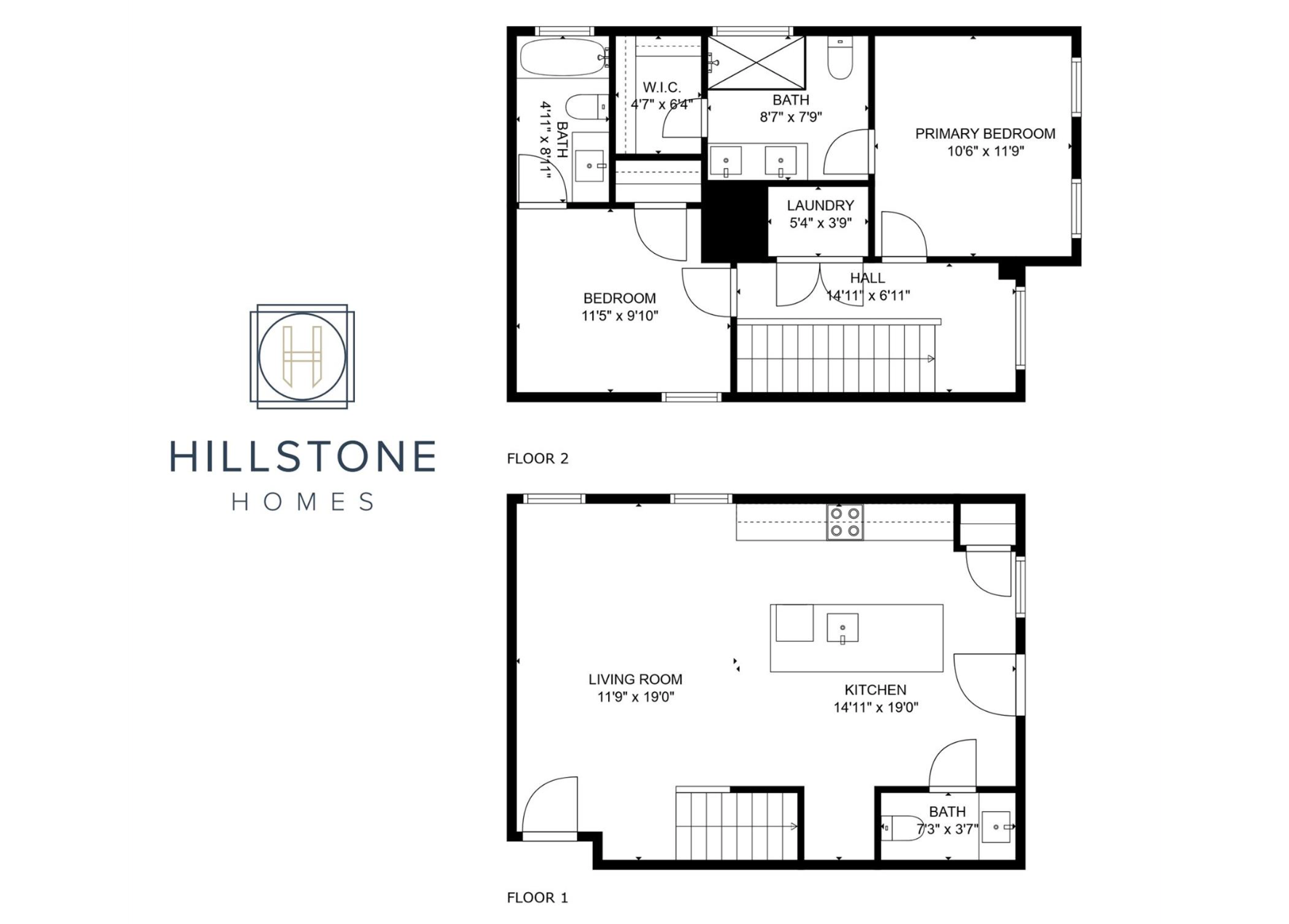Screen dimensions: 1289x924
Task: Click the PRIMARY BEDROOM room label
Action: (985, 134)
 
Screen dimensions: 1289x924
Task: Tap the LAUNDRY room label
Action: (820, 206)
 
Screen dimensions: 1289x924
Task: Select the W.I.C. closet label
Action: (661, 88)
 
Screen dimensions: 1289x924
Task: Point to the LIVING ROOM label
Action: (635, 680)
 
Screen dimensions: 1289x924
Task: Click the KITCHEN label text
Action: (875, 690)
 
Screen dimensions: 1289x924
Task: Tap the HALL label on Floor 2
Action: (867, 278)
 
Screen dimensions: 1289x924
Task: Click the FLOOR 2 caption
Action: (538, 458)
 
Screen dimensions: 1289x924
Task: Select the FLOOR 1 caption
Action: (537, 898)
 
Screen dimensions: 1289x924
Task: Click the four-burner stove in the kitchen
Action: (845, 522)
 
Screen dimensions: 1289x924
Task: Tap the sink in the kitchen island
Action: (842, 628)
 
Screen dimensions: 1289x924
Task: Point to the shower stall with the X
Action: (757, 63)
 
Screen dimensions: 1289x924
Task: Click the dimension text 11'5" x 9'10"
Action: (620, 316)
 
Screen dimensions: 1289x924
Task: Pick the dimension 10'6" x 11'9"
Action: (986, 151)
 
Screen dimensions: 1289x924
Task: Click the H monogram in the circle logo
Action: (302, 357)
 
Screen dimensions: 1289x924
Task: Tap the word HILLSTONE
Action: (303, 456)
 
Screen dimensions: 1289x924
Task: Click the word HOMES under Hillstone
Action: (303, 502)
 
